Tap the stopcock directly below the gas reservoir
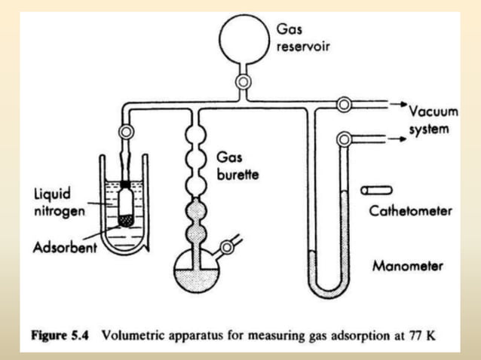pyautogui.click(x=243, y=80)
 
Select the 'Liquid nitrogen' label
pyautogui.click(x=57, y=203)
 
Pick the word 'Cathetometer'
pyautogui.click(x=410, y=212)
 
